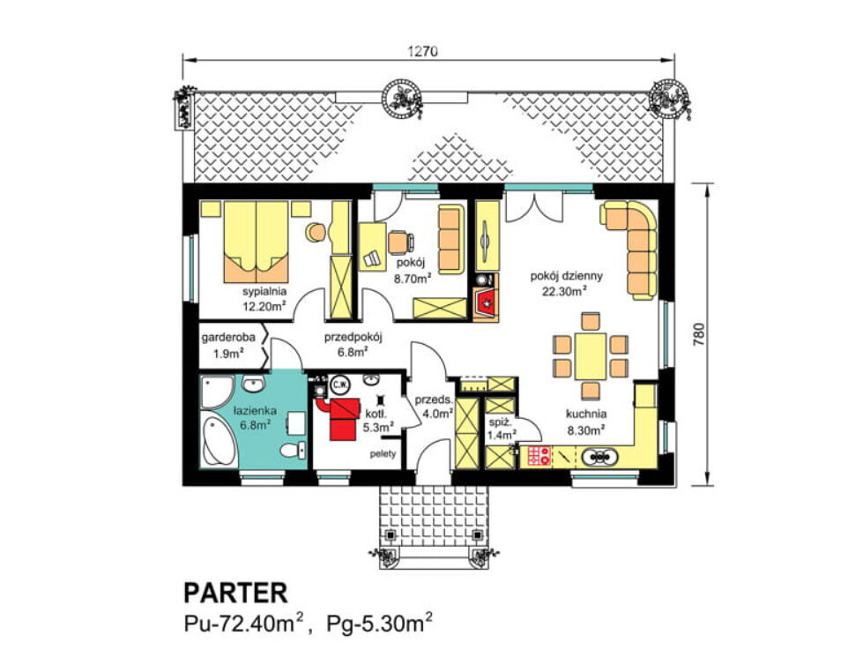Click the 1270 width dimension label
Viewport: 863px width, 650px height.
pyautogui.click(x=423, y=51)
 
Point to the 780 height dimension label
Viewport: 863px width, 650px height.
pyautogui.click(x=698, y=334)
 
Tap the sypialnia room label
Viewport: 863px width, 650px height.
pyautogui.click(x=264, y=292)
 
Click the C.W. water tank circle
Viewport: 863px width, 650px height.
pyautogui.click(x=339, y=385)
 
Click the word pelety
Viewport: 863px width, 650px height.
pyautogui.click(x=383, y=454)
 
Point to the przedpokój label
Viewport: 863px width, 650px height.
pyautogui.click(x=353, y=337)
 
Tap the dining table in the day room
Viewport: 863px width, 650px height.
pyautogui.click(x=591, y=355)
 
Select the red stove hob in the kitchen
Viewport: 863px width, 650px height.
pyautogui.click(x=539, y=456)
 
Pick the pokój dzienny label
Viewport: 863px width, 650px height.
pyautogui.click(x=566, y=276)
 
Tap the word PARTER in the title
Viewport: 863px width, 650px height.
pyautogui.click(x=235, y=594)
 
